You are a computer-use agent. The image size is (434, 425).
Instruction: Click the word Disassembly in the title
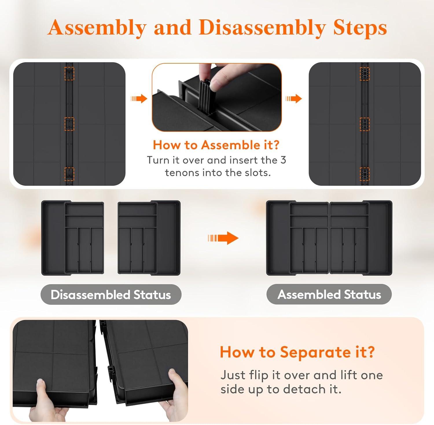pyautogui.click(x=262, y=28)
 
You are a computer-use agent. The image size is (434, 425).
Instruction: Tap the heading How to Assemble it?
pyautogui.click(x=216, y=145)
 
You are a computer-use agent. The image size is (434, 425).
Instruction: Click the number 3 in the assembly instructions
pyautogui.click(x=283, y=160)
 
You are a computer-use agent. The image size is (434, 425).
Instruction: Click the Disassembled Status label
pyautogui.click(x=111, y=295)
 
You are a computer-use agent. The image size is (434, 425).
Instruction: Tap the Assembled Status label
pyautogui.click(x=329, y=294)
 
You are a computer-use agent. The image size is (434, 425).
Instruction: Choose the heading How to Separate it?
pyautogui.click(x=297, y=352)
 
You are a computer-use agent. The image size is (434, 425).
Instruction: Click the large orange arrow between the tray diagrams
pyautogui.click(x=223, y=238)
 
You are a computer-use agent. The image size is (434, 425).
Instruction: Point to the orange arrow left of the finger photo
pyautogui.click(x=139, y=99)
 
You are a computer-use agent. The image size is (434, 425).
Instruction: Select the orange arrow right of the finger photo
pyautogui.click(x=293, y=99)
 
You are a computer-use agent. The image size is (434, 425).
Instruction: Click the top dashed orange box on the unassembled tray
pyautogui.click(x=69, y=73)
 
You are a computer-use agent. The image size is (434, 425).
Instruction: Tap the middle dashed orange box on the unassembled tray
pyautogui.click(x=69, y=124)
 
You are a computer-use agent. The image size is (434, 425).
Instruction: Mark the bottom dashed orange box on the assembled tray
pyautogui.click(x=365, y=174)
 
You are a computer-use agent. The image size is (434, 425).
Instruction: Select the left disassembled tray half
pyautogui.click(x=73, y=238)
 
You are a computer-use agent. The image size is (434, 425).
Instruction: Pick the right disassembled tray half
pyautogui.click(x=149, y=238)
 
